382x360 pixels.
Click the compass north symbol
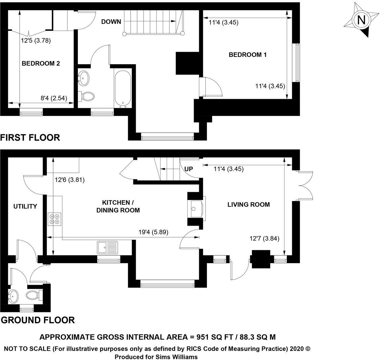point(361,20)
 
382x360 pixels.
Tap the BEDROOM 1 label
point(248,55)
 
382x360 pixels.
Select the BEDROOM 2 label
point(41,63)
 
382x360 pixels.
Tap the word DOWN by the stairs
point(111,22)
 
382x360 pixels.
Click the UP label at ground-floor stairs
point(189,169)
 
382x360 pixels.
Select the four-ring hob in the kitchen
point(55,219)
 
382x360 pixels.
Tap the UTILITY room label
point(25,206)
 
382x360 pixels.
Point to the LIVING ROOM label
point(248,204)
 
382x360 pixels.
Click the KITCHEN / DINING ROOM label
point(118,206)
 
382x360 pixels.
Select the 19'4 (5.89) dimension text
point(153,232)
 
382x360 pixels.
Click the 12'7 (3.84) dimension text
point(264,239)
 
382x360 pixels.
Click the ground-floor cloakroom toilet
point(33,295)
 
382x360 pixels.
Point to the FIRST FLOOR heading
point(30,137)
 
